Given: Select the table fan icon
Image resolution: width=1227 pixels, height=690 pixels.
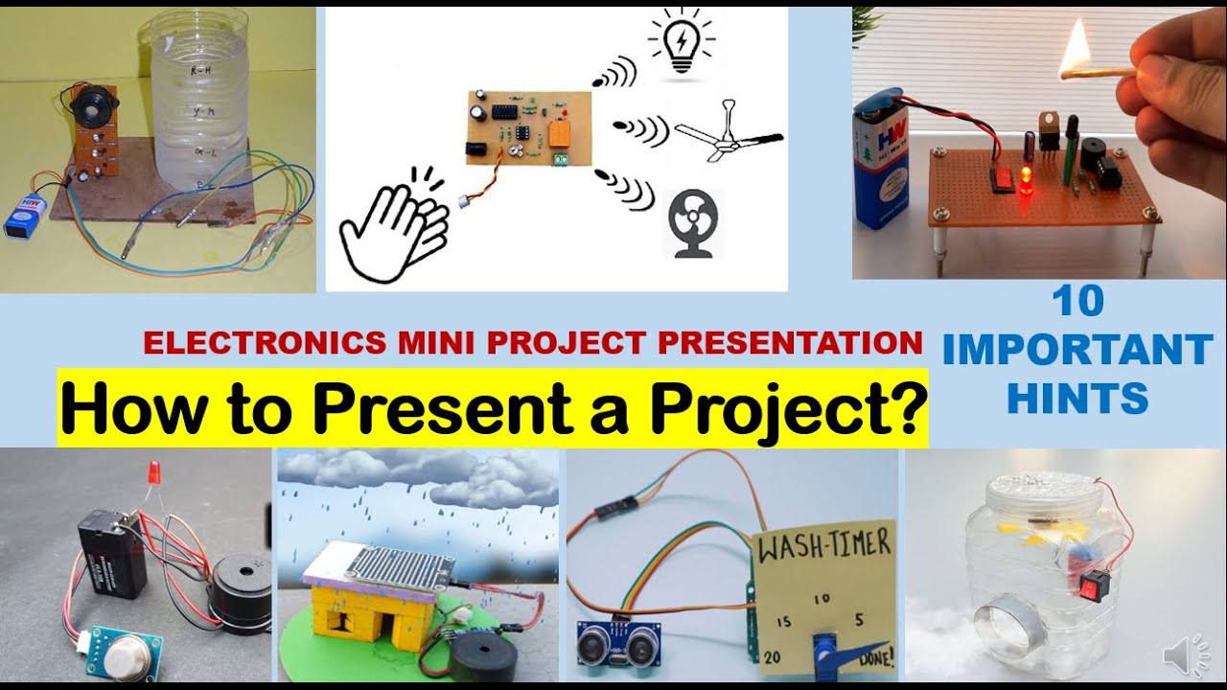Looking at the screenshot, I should point(692,222).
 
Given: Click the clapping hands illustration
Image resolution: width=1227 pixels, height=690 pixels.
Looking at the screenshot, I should point(393,225).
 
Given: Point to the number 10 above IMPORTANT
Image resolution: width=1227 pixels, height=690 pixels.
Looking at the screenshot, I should point(1077,303).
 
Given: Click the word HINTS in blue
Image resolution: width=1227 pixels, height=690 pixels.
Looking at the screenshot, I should point(1077,398).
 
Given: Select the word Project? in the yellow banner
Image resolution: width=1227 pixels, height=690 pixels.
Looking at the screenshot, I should point(787,408).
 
